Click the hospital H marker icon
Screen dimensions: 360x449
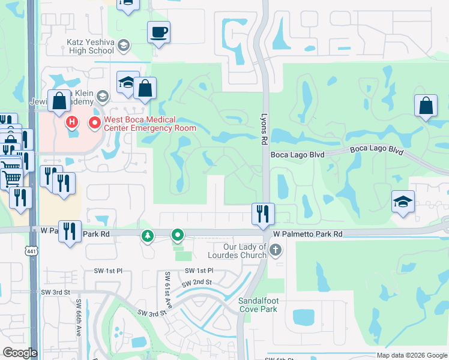[x=71, y=123]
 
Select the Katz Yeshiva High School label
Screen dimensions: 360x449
[x=89, y=46]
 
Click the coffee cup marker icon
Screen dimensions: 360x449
[x=159, y=32]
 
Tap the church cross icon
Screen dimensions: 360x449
[x=276, y=250]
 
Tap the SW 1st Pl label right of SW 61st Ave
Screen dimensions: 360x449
[x=199, y=271]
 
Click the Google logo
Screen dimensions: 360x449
[x=20, y=353]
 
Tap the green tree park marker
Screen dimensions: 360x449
[x=147, y=236]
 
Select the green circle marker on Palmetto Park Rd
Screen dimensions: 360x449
[x=177, y=235]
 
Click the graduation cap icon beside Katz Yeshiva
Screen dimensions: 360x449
[x=123, y=46]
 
